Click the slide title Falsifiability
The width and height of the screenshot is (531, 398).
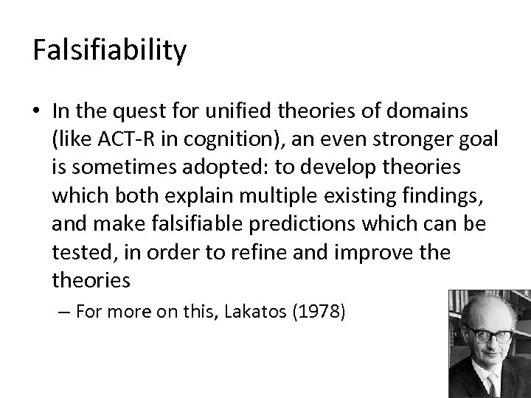[109, 50]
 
